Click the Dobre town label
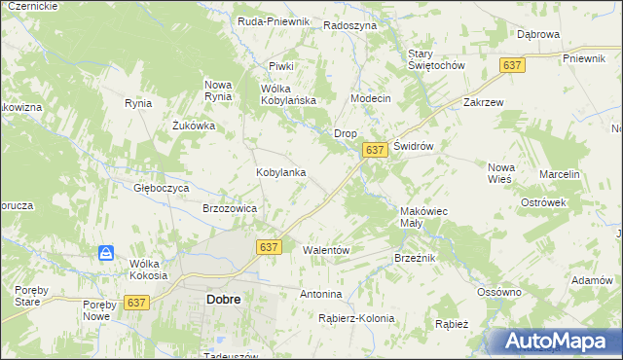point(224,300)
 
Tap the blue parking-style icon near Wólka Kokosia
point(106,254)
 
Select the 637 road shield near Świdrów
point(375,150)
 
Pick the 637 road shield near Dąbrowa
point(513,64)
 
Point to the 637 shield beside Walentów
point(270,247)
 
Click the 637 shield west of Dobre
point(136,303)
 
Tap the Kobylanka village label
point(281,172)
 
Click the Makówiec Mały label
point(423,216)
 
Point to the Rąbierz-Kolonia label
point(356,318)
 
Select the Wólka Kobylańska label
point(289,94)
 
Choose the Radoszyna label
point(350,25)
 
